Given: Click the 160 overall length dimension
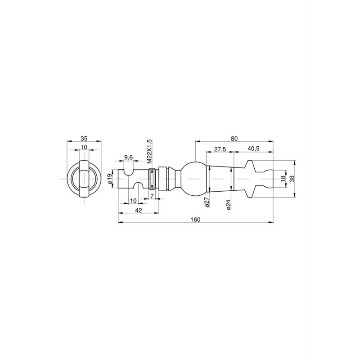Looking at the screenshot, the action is pyautogui.click(x=195, y=220).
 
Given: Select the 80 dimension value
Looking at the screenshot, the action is pyautogui.click(x=234, y=139).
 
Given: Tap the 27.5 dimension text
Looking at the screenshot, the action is pyautogui.click(x=220, y=149).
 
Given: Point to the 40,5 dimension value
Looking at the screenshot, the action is pyautogui.click(x=253, y=148).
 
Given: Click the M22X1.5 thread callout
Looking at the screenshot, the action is pyautogui.click(x=149, y=152).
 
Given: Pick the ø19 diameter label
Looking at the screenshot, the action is pyautogui.click(x=109, y=178).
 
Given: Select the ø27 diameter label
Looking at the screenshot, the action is pyautogui.click(x=207, y=202).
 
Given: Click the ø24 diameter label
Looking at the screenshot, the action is pyautogui.click(x=228, y=204).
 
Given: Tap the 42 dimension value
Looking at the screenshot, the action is pyautogui.click(x=139, y=210).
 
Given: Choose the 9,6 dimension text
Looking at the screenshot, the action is pyautogui.click(x=128, y=157).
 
